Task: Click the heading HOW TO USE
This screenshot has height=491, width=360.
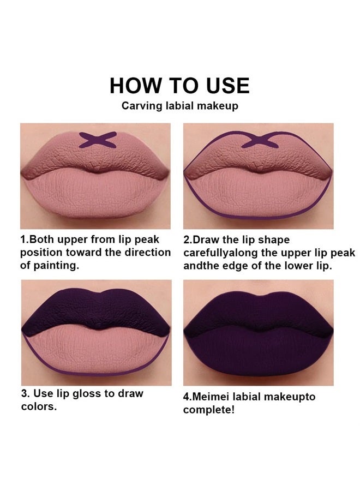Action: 179,86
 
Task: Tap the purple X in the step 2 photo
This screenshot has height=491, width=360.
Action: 257,141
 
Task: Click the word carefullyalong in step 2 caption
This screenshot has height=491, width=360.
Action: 217,253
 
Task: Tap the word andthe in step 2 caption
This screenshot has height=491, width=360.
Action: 199,266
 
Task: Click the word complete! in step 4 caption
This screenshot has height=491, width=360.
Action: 209,410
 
